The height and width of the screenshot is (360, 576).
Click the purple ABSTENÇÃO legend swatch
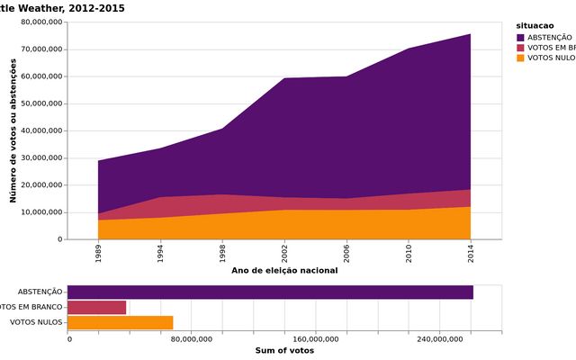(521, 37)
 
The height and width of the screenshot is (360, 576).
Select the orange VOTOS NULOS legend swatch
(521, 58)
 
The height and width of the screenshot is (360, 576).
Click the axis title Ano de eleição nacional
(284, 270)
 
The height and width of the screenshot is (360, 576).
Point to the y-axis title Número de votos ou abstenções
(13, 130)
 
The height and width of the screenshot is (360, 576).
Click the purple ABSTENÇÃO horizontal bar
(270, 292)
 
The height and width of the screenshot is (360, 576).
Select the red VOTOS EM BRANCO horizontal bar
(97, 307)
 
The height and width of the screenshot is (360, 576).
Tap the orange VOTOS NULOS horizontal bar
(120, 322)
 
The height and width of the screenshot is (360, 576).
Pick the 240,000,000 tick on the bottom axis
(440, 338)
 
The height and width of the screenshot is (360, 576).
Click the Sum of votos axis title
(284, 350)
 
